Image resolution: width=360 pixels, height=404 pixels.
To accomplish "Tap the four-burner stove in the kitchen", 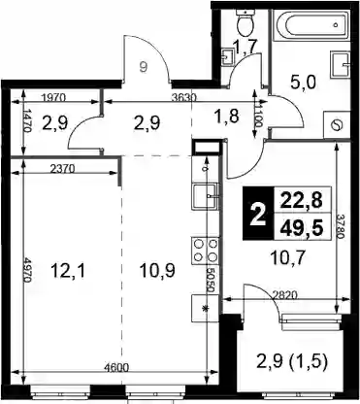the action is coord(206,250).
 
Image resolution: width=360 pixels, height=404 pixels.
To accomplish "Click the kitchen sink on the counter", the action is coord(206,197).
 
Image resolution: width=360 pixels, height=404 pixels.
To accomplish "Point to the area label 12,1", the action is coord(68,271).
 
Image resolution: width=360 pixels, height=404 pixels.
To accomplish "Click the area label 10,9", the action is coord(157,271).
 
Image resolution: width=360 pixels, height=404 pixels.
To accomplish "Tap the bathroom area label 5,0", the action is coord(303,84).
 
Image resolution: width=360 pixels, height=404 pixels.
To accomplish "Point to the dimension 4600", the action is coord(116,368).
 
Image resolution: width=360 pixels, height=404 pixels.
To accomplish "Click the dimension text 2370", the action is coord(62,168).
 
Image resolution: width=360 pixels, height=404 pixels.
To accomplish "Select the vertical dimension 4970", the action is coord(27,270).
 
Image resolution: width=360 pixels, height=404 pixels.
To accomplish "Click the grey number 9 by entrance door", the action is coord(144,67).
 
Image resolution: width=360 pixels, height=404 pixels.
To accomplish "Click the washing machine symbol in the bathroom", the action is coord(337,125).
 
